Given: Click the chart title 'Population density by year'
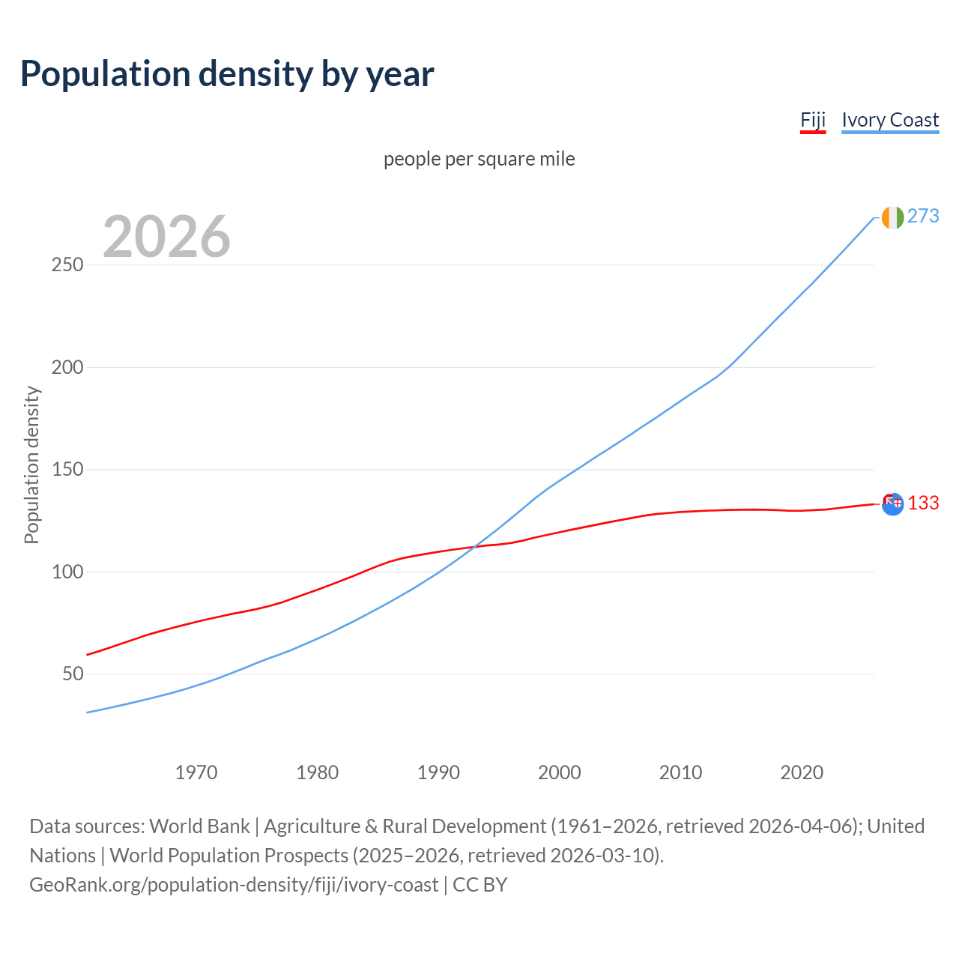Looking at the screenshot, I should (227, 74).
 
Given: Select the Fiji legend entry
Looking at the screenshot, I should (813, 120).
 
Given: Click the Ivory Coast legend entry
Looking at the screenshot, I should (890, 120).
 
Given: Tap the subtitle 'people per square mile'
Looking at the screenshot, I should (479, 159).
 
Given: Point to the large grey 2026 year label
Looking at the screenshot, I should (166, 237).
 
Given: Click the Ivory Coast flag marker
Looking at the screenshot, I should (892, 217).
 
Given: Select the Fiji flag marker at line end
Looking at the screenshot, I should (892, 503).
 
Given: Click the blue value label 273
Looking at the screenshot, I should (923, 217).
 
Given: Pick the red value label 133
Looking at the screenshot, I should (923, 503).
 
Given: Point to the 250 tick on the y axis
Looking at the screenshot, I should (67, 265).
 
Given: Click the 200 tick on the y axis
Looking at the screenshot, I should (67, 367).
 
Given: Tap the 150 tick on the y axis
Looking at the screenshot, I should (67, 470).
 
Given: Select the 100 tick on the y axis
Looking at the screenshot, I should (67, 572).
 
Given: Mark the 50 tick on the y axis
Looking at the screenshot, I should (73, 674).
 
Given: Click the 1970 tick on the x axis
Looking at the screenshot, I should (196, 772).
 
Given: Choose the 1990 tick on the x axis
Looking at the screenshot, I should (438, 772).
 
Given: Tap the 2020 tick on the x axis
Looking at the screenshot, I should (802, 772).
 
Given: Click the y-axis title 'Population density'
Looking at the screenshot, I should (31, 465).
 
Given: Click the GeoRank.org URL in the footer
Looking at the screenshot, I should (234, 885).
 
